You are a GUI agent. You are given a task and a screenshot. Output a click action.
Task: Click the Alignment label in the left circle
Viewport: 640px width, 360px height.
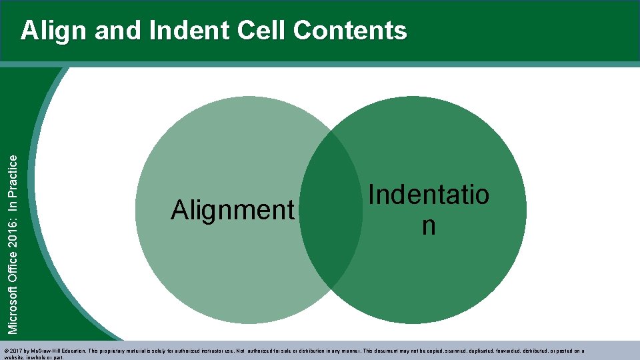pyautogui.click(x=232, y=211)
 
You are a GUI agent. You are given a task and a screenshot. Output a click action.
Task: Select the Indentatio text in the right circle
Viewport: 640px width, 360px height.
pyautogui.click(x=429, y=195)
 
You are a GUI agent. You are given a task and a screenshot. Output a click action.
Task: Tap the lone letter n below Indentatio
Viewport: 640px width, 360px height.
pyautogui.click(x=429, y=226)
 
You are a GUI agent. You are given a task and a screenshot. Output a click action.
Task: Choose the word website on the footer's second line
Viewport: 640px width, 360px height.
pyautogui.click(x=13, y=357)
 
